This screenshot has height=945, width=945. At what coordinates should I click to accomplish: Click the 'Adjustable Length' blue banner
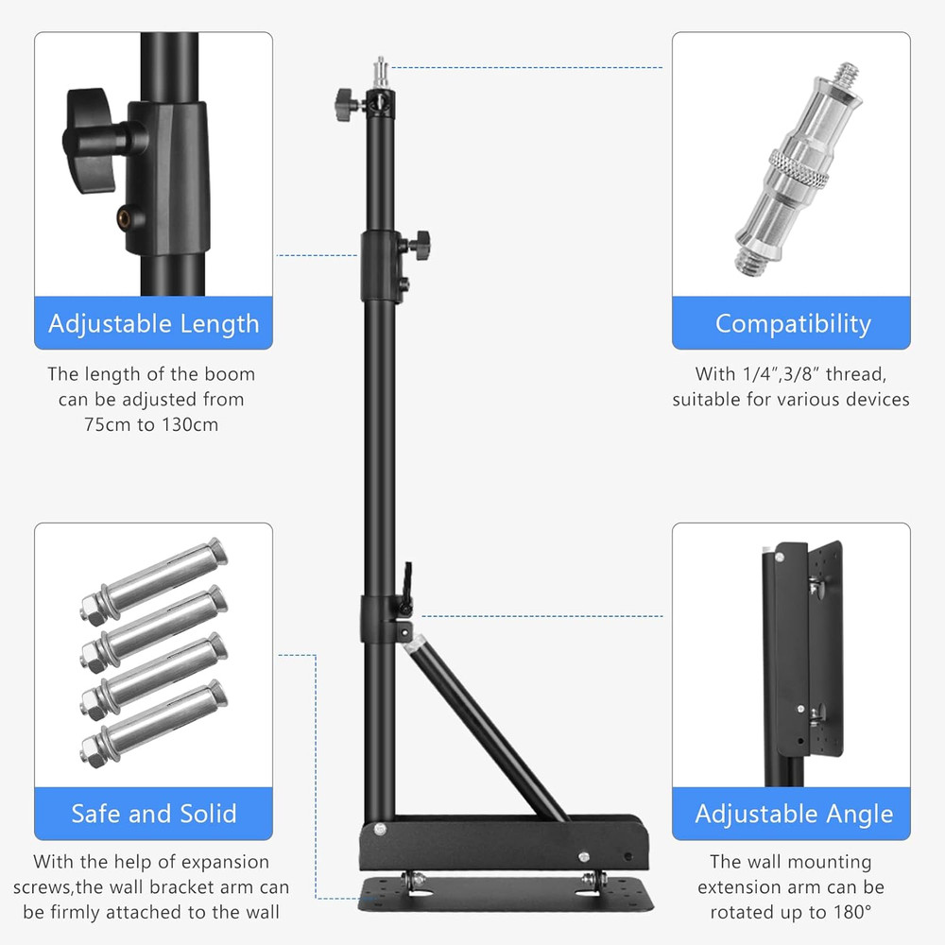[153, 324]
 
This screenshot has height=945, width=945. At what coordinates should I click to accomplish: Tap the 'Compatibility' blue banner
[792, 324]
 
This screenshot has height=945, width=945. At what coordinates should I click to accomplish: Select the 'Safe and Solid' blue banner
[153, 814]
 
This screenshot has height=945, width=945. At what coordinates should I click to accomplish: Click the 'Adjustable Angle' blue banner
[792, 814]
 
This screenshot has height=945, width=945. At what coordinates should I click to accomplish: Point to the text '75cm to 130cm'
[151, 424]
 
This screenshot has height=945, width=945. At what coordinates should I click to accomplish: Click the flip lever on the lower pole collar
[407, 577]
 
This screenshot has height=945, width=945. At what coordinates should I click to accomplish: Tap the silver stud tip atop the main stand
[381, 69]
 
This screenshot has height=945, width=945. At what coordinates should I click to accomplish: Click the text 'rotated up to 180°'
[791, 912]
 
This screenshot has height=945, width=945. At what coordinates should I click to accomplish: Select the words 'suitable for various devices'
[791, 400]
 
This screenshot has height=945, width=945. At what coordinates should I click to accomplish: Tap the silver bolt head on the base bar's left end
[379, 831]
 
